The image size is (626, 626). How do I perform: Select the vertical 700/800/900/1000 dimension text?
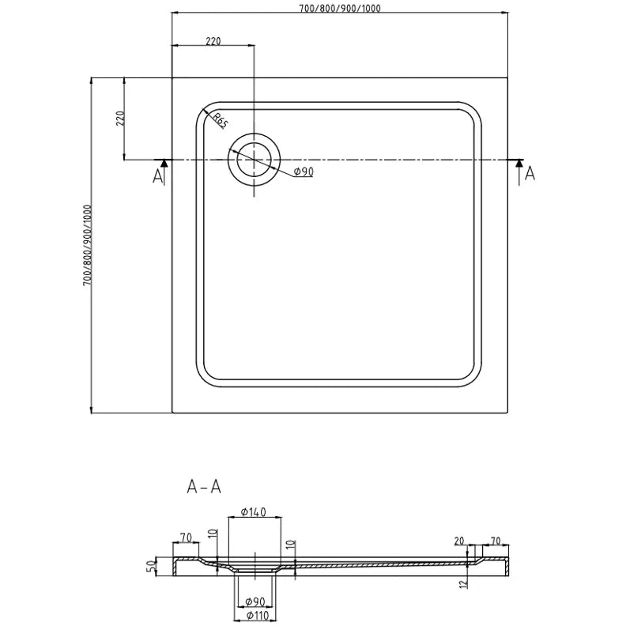(86, 245)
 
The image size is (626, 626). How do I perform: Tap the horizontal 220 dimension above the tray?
(213, 41)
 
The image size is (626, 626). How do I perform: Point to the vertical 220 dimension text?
(120, 119)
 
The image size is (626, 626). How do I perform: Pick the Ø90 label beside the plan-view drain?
(304, 172)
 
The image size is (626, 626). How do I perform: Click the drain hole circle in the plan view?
(254, 159)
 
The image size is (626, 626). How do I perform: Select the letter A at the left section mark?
(158, 175)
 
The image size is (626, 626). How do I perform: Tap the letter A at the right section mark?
(530, 173)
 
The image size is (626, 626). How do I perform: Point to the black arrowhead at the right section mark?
(519, 163)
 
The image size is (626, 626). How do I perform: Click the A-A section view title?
(203, 488)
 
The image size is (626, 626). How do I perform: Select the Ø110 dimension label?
(255, 615)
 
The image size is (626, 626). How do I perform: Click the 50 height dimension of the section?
(149, 567)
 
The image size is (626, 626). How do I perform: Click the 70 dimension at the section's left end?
(186, 538)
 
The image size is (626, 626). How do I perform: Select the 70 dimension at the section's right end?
(496, 541)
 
